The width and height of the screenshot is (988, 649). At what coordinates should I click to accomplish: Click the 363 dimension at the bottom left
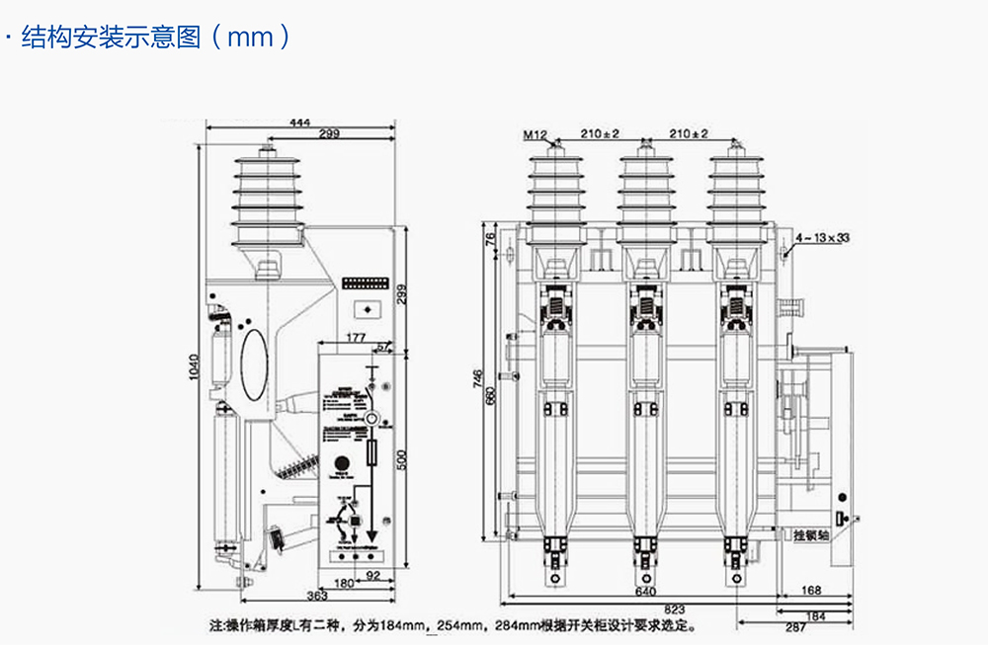coord(316,596)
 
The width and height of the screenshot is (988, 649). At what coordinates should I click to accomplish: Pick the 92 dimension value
coord(373,574)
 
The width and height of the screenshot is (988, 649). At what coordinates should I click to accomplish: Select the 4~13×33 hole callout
coord(822,238)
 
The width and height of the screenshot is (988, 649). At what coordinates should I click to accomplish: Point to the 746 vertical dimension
coord(478,380)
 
